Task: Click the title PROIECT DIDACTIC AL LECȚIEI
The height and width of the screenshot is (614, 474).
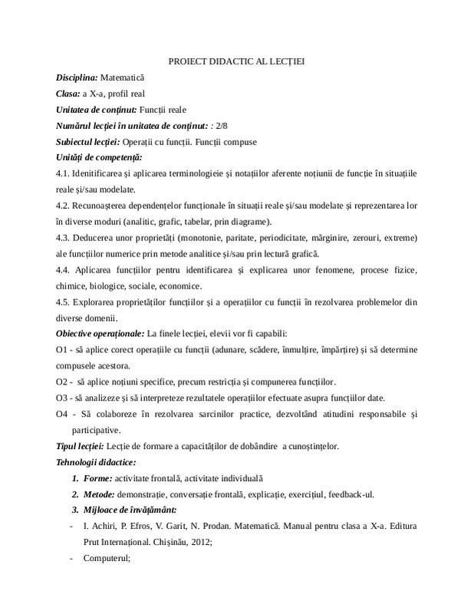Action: tap(237, 61)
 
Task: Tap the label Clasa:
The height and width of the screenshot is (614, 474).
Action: tap(68, 94)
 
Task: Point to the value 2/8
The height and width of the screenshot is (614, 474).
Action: tap(224, 126)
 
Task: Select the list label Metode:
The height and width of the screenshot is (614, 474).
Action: tap(100, 494)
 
